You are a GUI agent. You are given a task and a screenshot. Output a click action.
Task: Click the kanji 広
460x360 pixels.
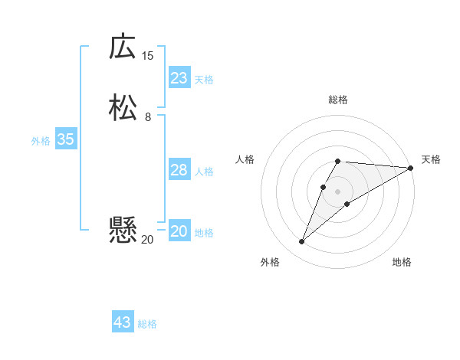pos(123,47)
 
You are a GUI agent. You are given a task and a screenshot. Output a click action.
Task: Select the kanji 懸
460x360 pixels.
pos(123,231)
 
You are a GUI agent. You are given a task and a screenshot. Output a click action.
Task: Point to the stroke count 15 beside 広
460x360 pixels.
pos(147,55)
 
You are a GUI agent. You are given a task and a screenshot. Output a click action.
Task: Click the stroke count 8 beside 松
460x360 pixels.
pos(147,117)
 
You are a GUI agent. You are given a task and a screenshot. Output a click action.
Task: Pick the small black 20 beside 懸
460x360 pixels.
pos(147,239)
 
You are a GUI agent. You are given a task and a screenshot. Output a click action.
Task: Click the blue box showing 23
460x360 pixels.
pos(179,78)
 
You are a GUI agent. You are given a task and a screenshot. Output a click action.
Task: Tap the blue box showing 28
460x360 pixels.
pos(179,170)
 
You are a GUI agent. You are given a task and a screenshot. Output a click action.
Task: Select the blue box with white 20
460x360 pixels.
pos(179,231)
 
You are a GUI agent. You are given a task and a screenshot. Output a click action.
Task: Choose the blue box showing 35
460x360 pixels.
pos(66,139)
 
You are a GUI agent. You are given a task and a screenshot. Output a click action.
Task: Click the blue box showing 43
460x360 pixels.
pos(123,322)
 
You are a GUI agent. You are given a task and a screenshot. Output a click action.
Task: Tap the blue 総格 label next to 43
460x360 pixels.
pos(147,324)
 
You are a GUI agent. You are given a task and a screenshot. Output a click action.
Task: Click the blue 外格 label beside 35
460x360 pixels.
pos(41,141)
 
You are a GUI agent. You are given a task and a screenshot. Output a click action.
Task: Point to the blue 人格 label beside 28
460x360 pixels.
pos(205,172)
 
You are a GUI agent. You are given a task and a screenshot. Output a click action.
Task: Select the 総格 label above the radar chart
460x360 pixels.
pos(337,100)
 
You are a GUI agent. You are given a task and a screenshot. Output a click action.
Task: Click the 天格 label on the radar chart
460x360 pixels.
pos(431,159)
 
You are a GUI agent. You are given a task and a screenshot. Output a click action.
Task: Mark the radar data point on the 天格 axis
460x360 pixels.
pos(411,168)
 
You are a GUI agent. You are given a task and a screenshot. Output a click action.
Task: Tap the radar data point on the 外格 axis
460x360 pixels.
pos(301,242)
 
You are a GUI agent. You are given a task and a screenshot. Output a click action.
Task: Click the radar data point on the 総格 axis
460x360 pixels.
pos(337,161)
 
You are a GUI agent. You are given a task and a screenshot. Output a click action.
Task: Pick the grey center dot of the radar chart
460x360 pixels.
pos(337,191)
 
